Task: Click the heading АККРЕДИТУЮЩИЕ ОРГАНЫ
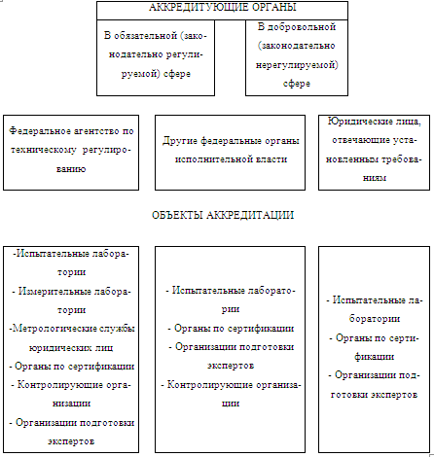point(223,7)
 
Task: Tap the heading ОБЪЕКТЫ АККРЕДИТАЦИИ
point(223,215)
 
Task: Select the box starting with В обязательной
point(156,57)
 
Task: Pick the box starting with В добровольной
point(297,57)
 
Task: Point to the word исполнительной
point(212,159)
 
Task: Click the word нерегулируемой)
point(297,65)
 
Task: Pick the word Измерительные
point(54,292)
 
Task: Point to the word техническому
point(44,150)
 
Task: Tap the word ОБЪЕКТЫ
point(177,215)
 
